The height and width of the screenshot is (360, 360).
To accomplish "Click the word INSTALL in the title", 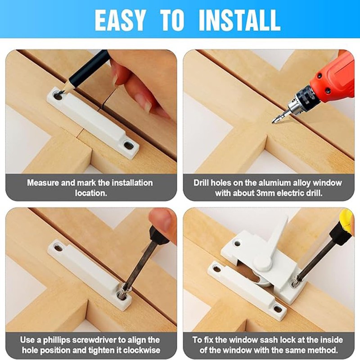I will [x=239, y=19].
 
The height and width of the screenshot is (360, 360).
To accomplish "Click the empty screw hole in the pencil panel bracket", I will [x=129, y=145].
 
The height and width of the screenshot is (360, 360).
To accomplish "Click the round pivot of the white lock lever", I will [x=262, y=264].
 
